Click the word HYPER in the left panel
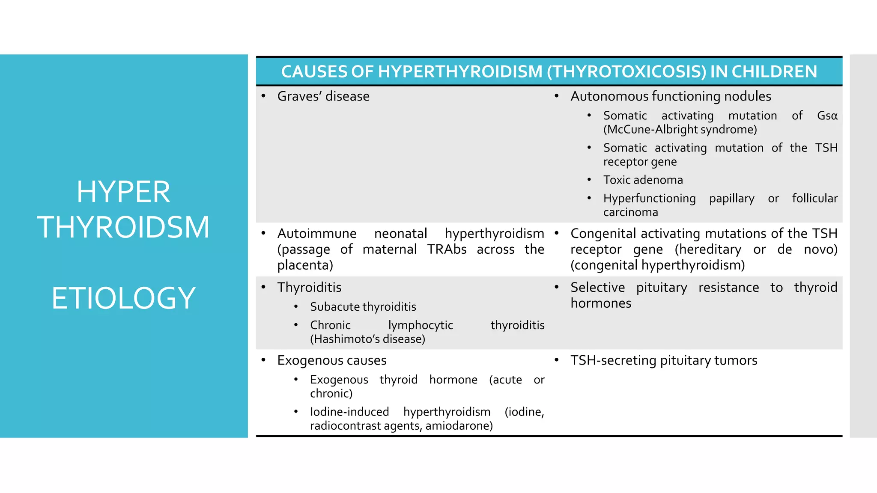[x=123, y=192]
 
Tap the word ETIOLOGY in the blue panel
[x=123, y=298]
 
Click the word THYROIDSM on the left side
[x=123, y=227]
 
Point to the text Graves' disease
[x=323, y=96]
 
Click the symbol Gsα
[x=827, y=116]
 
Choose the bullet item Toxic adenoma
[x=643, y=180]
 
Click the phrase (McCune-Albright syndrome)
[x=680, y=130]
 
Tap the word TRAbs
[x=447, y=249]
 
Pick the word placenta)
[x=305, y=265]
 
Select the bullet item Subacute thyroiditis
[x=363, y=307]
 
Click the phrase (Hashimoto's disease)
[x=367, y=339]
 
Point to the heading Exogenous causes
[x=331, y=360]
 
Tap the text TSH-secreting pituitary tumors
[x=663, y=360]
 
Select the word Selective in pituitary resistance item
[x=597, y=287]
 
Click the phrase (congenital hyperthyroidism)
[x=657, y=265]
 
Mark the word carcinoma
[x=630, y=212]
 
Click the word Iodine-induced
[x=349, y=412]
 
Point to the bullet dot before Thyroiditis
[x=263, y=287]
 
